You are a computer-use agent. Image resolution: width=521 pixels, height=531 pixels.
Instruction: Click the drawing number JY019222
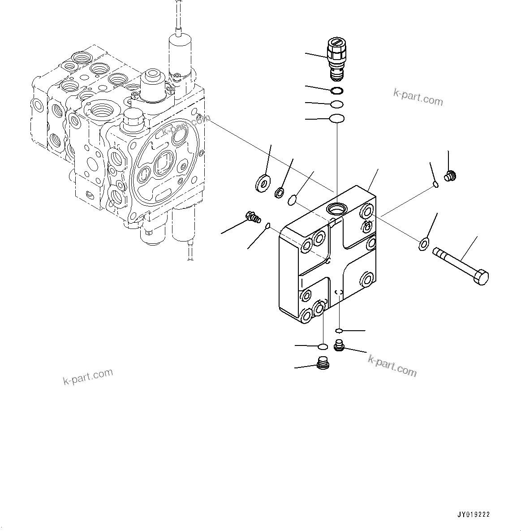point(474,515)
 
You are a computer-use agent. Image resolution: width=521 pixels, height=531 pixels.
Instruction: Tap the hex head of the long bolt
point(480,277)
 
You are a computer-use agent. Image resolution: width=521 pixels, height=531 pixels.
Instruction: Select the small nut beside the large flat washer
point(279,193)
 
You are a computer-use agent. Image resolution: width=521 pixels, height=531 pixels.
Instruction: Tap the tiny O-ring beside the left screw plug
point(267,225)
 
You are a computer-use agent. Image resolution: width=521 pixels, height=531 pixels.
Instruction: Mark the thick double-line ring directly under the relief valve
point(337,91)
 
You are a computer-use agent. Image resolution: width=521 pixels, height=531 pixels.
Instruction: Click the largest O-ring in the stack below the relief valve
point(336,119)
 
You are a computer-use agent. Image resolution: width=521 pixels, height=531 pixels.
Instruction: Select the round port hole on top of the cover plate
point(336,208)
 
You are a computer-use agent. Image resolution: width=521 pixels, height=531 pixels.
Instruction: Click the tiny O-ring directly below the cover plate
point(340,331)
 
